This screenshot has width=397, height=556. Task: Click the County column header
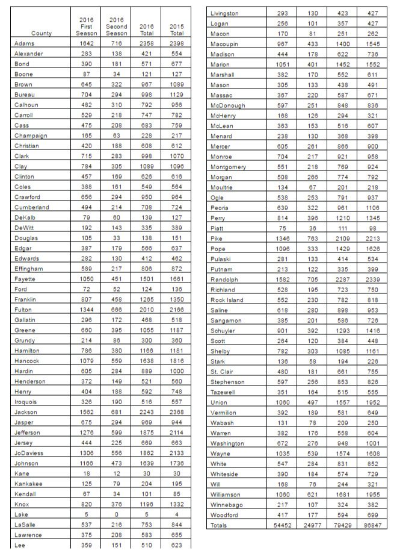coord(42,34)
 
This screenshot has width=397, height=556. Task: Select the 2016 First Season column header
coord(86,27)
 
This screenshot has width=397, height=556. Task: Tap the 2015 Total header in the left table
coord(176,30)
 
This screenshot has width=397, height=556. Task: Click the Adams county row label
coord(24,43)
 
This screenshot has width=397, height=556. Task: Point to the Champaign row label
coord(30,136)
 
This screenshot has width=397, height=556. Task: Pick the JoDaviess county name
coord(29,453)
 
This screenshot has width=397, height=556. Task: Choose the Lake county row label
coord(21,514)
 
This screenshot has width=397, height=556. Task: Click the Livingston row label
coord(224,13)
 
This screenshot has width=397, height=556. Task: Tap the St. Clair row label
coord(222,372)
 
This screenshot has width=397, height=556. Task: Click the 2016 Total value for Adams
coord(146,43)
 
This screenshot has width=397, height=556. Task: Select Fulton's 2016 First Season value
coord(86,310)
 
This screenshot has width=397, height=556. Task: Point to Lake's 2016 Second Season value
coord(116,514)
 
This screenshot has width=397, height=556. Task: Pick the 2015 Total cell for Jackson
coord(176,412)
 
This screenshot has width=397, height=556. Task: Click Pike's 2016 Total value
coord(342,239)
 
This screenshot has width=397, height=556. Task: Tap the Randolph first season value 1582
coord(282,280)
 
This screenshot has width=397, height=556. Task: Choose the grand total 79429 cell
coord(342,525)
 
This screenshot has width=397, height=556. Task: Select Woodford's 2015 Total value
coord(372,515)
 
